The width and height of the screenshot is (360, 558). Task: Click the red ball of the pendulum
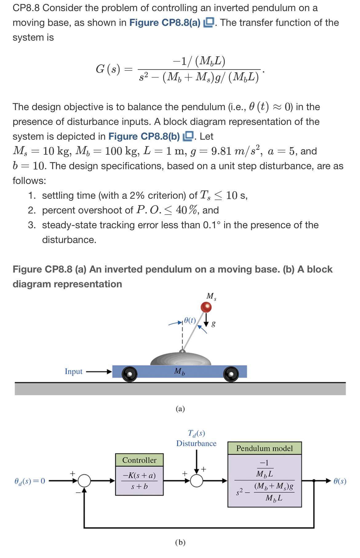pyautogui.click(x=206, y=307)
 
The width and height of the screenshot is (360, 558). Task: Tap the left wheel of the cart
pyautogui.click(x=129, y=374)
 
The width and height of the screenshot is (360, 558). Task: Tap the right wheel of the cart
pyautogui.click(x=231, y=374)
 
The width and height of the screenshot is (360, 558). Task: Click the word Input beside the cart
pyautogui.click(x=73, y=372)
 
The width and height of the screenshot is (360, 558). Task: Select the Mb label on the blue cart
pyautogui.click(x=180, y=372)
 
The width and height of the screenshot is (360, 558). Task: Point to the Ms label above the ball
pyautogui.click(x=211, y=296)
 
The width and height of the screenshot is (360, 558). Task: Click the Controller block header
pyautogui.click(x=139, y=460)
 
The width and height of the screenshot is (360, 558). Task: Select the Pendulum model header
pyautogui.click(x=264, y=448)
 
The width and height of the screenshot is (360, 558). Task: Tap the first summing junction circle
pyautogui.click(x=84, y=480)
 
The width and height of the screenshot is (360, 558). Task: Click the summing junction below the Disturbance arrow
pyautogui.click(x=197, y=480)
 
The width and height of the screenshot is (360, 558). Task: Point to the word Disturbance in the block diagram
pyautogui.click(x=196, y=443)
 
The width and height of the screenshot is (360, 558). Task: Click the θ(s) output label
pyautogui.click(x=340, y=481)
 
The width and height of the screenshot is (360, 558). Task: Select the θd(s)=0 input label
pyautogui.click(x=30, y=481)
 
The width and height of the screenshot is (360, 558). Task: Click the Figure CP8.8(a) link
pyautogui.click(x=165, y=23)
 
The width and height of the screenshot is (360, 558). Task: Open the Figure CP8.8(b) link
pyautogui.click(x=144, y=136)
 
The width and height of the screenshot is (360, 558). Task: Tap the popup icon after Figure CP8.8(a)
pyautogui.click(x=209, y=22)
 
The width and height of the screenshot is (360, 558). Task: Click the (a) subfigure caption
pyautogui.click(x=180, y=409)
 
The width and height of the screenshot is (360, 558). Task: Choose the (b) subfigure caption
pyautogui.click(x=180, y=542)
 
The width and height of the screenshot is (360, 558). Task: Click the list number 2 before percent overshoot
pyautogui.click(x=32, y=210)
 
